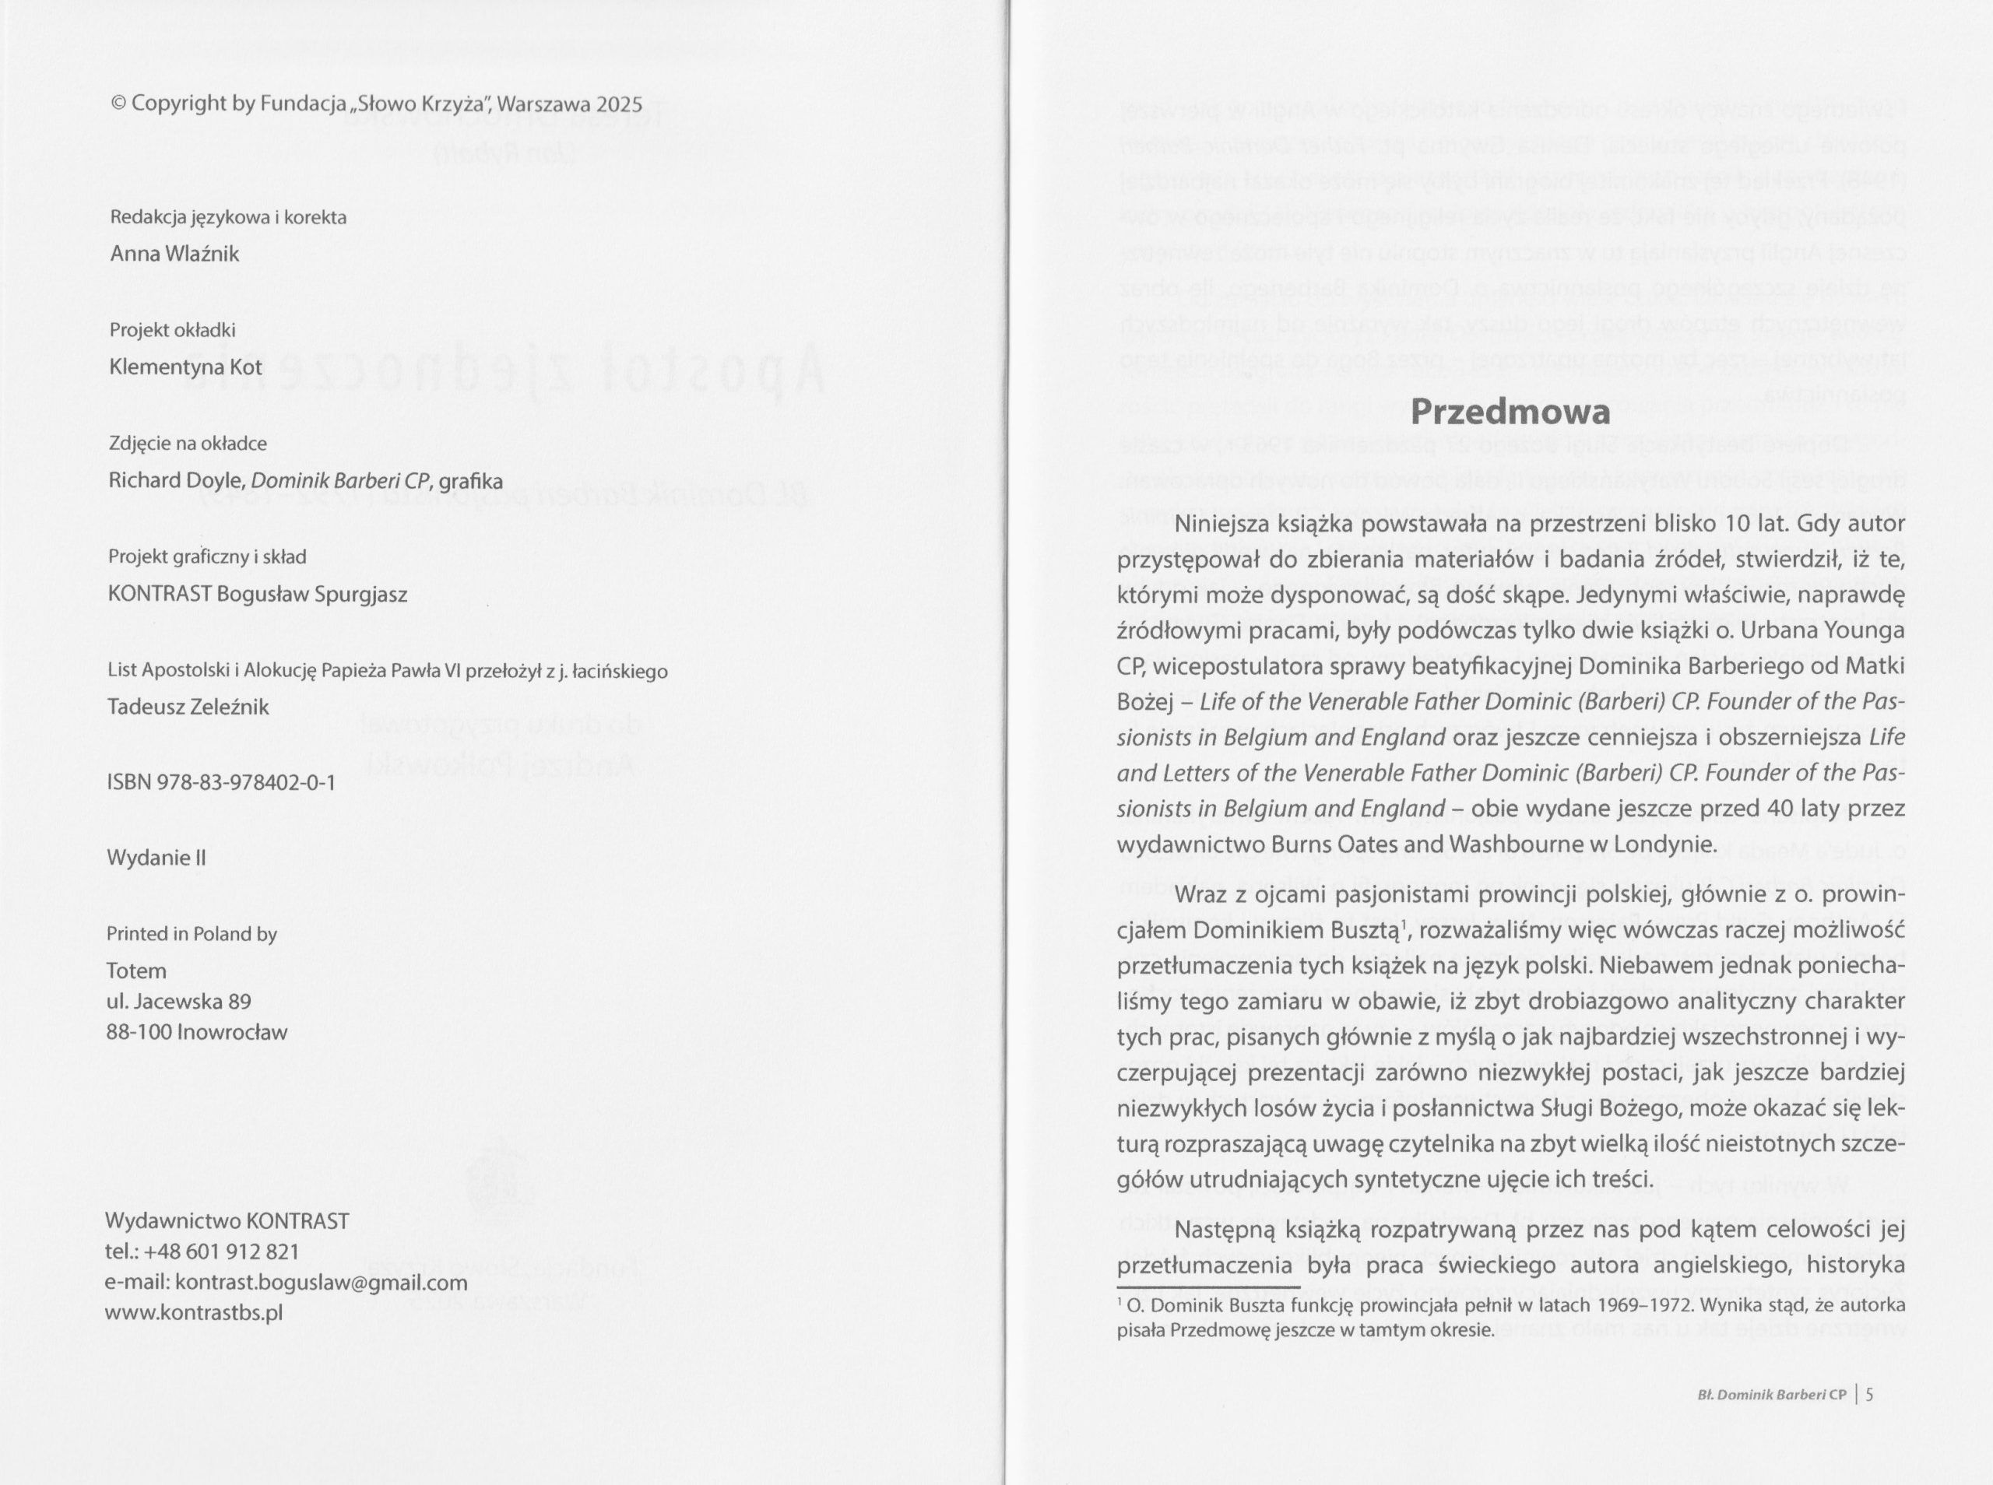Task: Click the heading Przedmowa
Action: (1510, 412)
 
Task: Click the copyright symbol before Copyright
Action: (118, 104)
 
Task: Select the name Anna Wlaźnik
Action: (174, 255)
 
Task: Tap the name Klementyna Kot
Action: (185, 367)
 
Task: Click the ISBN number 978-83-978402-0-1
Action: (245, 783)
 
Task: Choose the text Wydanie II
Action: (156, 858)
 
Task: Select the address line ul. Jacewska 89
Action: (179, 1002)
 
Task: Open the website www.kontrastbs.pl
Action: (194, 1312)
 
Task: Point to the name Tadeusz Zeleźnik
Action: (188, 707)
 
